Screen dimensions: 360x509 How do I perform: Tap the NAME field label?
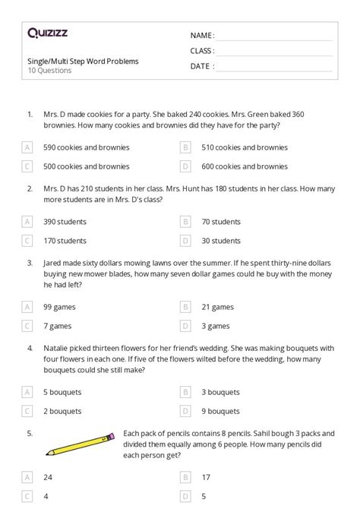202,36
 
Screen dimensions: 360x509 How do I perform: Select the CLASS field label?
202,51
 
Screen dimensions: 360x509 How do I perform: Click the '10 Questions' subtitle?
49,71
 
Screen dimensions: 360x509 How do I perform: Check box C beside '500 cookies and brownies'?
28,166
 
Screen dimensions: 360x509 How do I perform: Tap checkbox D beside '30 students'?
185,241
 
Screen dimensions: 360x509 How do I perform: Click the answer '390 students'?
65,222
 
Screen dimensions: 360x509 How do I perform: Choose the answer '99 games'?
58,307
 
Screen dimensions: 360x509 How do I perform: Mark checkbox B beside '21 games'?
185,307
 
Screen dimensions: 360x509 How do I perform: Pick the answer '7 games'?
56,326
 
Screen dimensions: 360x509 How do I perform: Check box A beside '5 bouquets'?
28,392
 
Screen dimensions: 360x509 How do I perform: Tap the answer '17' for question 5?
205,478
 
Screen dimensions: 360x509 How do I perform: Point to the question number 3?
29,262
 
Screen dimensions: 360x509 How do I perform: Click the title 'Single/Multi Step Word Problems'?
83,61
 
